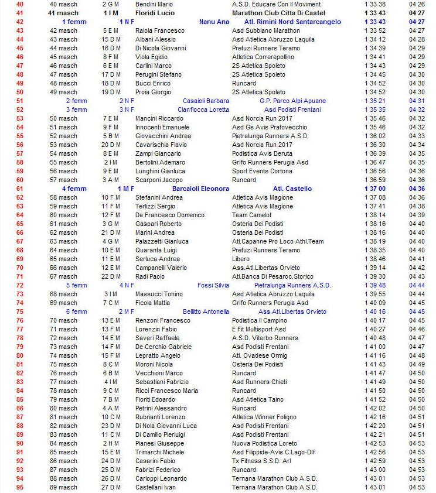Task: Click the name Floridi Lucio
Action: click(x=155, y=13)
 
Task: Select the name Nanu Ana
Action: click(x=214, y=22)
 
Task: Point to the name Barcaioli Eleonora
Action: click(x=200, y=189)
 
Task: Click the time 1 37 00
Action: click(x=374, y=189)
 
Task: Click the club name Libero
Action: click(x=241, y=259)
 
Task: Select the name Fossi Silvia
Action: click(x=213, y=285)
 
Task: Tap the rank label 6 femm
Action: click(x=76, y=311)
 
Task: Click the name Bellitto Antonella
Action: click(x=206, y=311)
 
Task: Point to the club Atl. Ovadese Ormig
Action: click(x=260, y=355)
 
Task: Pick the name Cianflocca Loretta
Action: click(x=203, y=109)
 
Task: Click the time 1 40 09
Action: click(x=374, y=303)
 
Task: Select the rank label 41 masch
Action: click(x=63, y=13)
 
